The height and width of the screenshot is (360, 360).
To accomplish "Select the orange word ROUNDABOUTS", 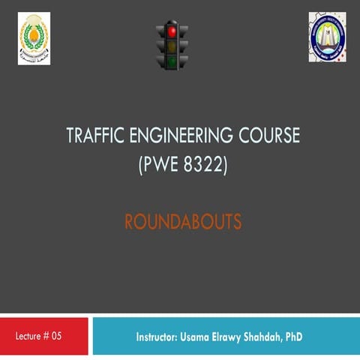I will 182,222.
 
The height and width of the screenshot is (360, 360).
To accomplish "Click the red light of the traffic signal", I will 172,31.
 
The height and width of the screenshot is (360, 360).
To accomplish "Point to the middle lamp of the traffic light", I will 172,46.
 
